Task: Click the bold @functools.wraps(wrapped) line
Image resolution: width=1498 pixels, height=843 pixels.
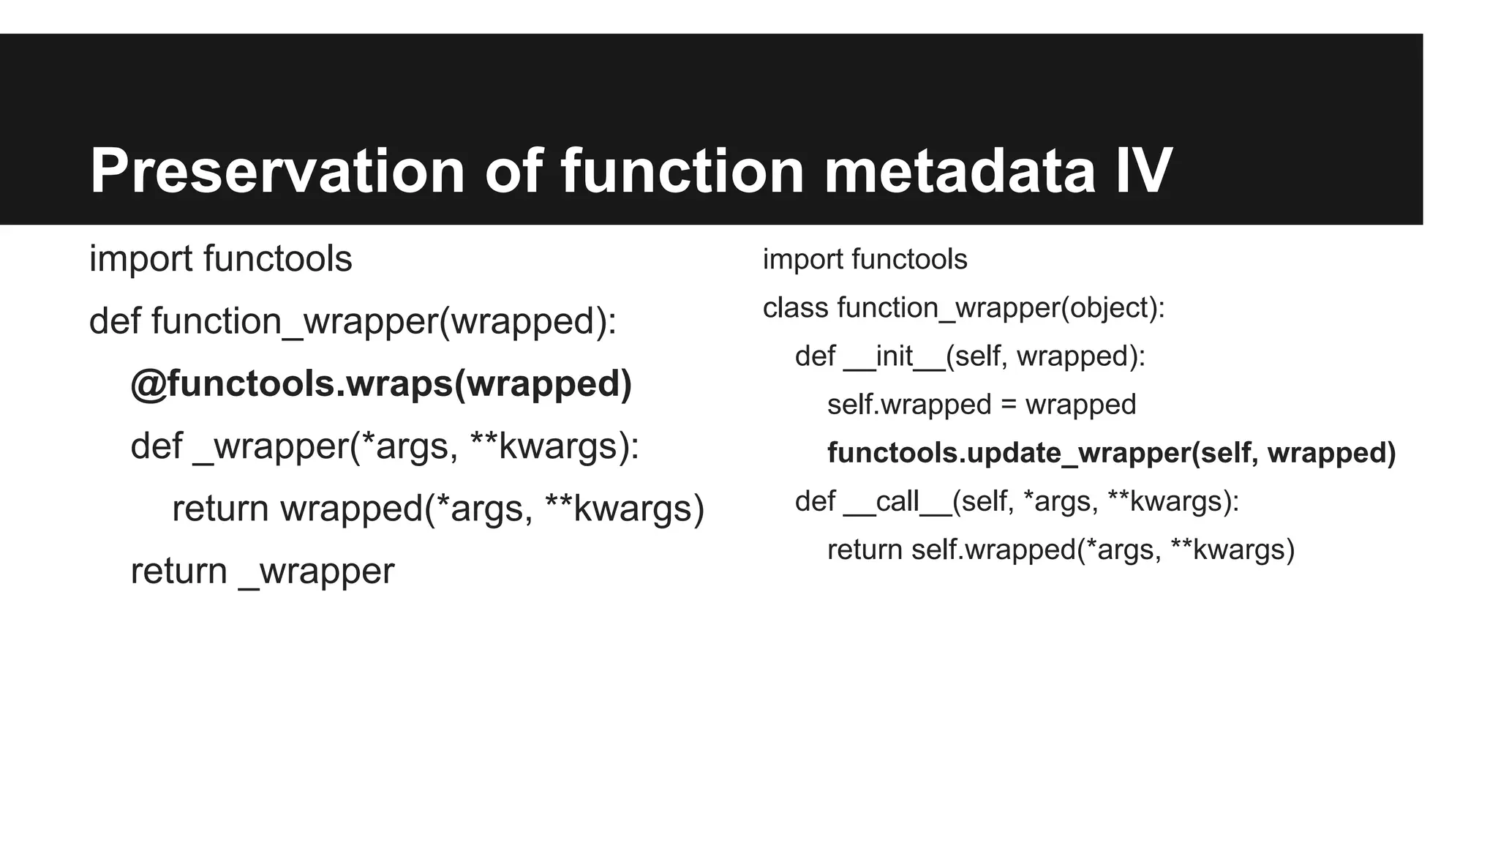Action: (x=380, y=384)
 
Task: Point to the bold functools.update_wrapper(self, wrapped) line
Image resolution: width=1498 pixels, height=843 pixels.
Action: (x=1111, y=453)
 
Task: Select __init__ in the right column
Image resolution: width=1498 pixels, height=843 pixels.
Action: (x=894, y=357)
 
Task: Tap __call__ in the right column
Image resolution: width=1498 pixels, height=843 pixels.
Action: (x=897, y=502)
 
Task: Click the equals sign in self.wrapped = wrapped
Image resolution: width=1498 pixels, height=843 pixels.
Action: (x=1008, y=405)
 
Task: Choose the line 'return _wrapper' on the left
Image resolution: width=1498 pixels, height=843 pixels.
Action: (x=262, y=572)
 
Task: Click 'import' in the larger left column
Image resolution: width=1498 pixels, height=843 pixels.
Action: (x=140, y=259)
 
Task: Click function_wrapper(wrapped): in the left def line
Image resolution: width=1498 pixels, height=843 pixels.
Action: (x=384, y=321)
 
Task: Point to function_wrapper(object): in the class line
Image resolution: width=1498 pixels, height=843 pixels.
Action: (x=1001, y=308)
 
